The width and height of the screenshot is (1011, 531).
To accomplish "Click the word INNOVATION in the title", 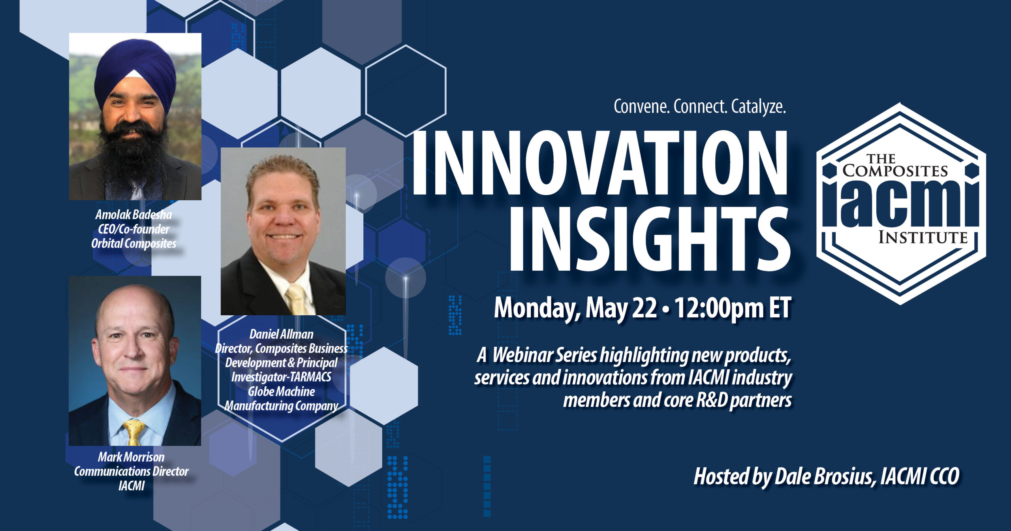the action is (599, 162).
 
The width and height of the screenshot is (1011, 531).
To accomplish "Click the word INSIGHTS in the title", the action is (650, 239).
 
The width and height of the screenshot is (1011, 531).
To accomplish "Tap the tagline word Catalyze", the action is (758, 107).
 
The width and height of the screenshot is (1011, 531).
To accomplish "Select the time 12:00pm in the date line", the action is (719, 308).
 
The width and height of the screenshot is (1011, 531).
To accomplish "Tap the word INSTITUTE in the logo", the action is (923, 238).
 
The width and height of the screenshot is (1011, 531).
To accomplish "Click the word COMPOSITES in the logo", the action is (895, 171).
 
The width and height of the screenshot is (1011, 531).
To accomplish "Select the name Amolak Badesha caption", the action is (134, 215).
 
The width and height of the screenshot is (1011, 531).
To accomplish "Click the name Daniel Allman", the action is (281, 334).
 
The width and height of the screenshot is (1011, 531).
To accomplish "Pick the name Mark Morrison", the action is (131, 457).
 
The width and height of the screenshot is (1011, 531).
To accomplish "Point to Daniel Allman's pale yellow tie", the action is (297, 300).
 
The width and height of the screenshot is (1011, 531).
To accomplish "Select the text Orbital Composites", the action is (134, 244).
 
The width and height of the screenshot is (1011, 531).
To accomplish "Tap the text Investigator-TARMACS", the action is (281, 377).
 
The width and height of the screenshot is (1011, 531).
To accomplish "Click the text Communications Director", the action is (131, 471).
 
